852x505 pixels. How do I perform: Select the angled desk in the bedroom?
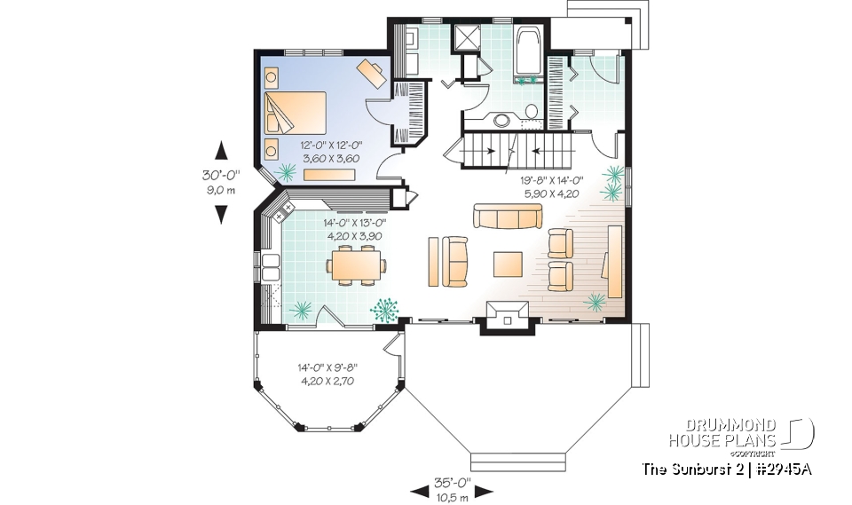click(x=373, y=71)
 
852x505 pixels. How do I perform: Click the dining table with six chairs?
click(x=357, y=265)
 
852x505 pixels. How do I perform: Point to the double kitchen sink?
click(x=266, y=267)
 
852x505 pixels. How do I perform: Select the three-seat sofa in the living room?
click(x=507, y=216)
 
